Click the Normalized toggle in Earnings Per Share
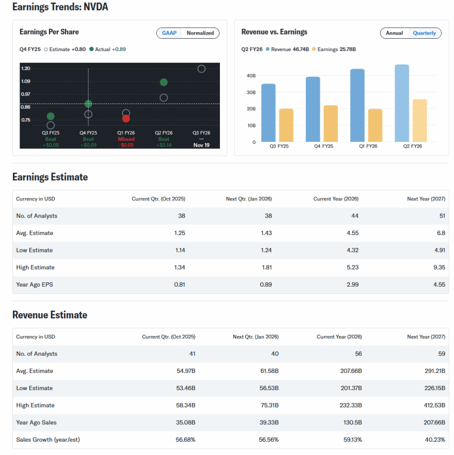point(200,33)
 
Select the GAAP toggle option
point(169,33)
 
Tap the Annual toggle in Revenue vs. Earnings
point(394,33)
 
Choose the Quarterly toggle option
point(424,33)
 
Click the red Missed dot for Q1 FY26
point(126,119)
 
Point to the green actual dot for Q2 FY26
point(163,82)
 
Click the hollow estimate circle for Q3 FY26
point(201,69)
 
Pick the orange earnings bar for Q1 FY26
point(375,125)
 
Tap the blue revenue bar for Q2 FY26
point(402,103)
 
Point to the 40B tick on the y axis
point(251,76)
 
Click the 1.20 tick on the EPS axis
point(25,68)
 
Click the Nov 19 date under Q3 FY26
point(201,145)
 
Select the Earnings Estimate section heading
point(50,177)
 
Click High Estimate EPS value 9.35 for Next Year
point(439,267)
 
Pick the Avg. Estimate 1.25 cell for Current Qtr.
point(180,233)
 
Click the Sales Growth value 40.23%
point(435,440)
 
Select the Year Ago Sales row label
point(36,423)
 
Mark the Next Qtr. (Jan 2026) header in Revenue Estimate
point(255,337)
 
